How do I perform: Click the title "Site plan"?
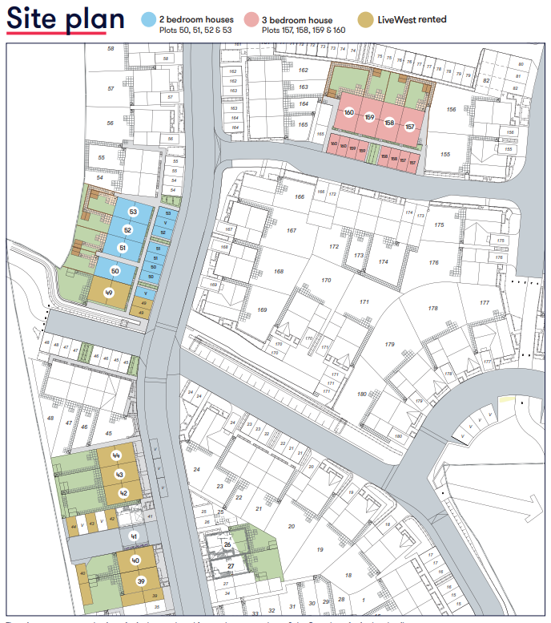pyautogui.click(x=66, y=19)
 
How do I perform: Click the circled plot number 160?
pyautogui.click(x=348, y=112)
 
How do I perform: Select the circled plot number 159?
pyautogui.click(x=369, y=117)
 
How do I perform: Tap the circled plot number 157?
pyautogui.click(x=409, y=127)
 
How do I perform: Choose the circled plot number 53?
pyautogui.click(x=133, y=212)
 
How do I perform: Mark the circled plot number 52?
pyautogui.click(x=127, y=229)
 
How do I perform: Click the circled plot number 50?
pyautogui.click(x=115, y=271)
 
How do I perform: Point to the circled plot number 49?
pyautogui.click(x=109, y=293)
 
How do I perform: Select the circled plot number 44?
pyautogui.click(x=117, y=455)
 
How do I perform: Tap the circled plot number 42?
pyautogui.click(x=123, y=493)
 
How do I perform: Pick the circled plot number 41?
pyautogui.click(x=134, y=536)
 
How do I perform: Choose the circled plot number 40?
pyautogui.click(x=136, y=560)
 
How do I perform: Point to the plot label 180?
pyautogui.click(x=362, y=394)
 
